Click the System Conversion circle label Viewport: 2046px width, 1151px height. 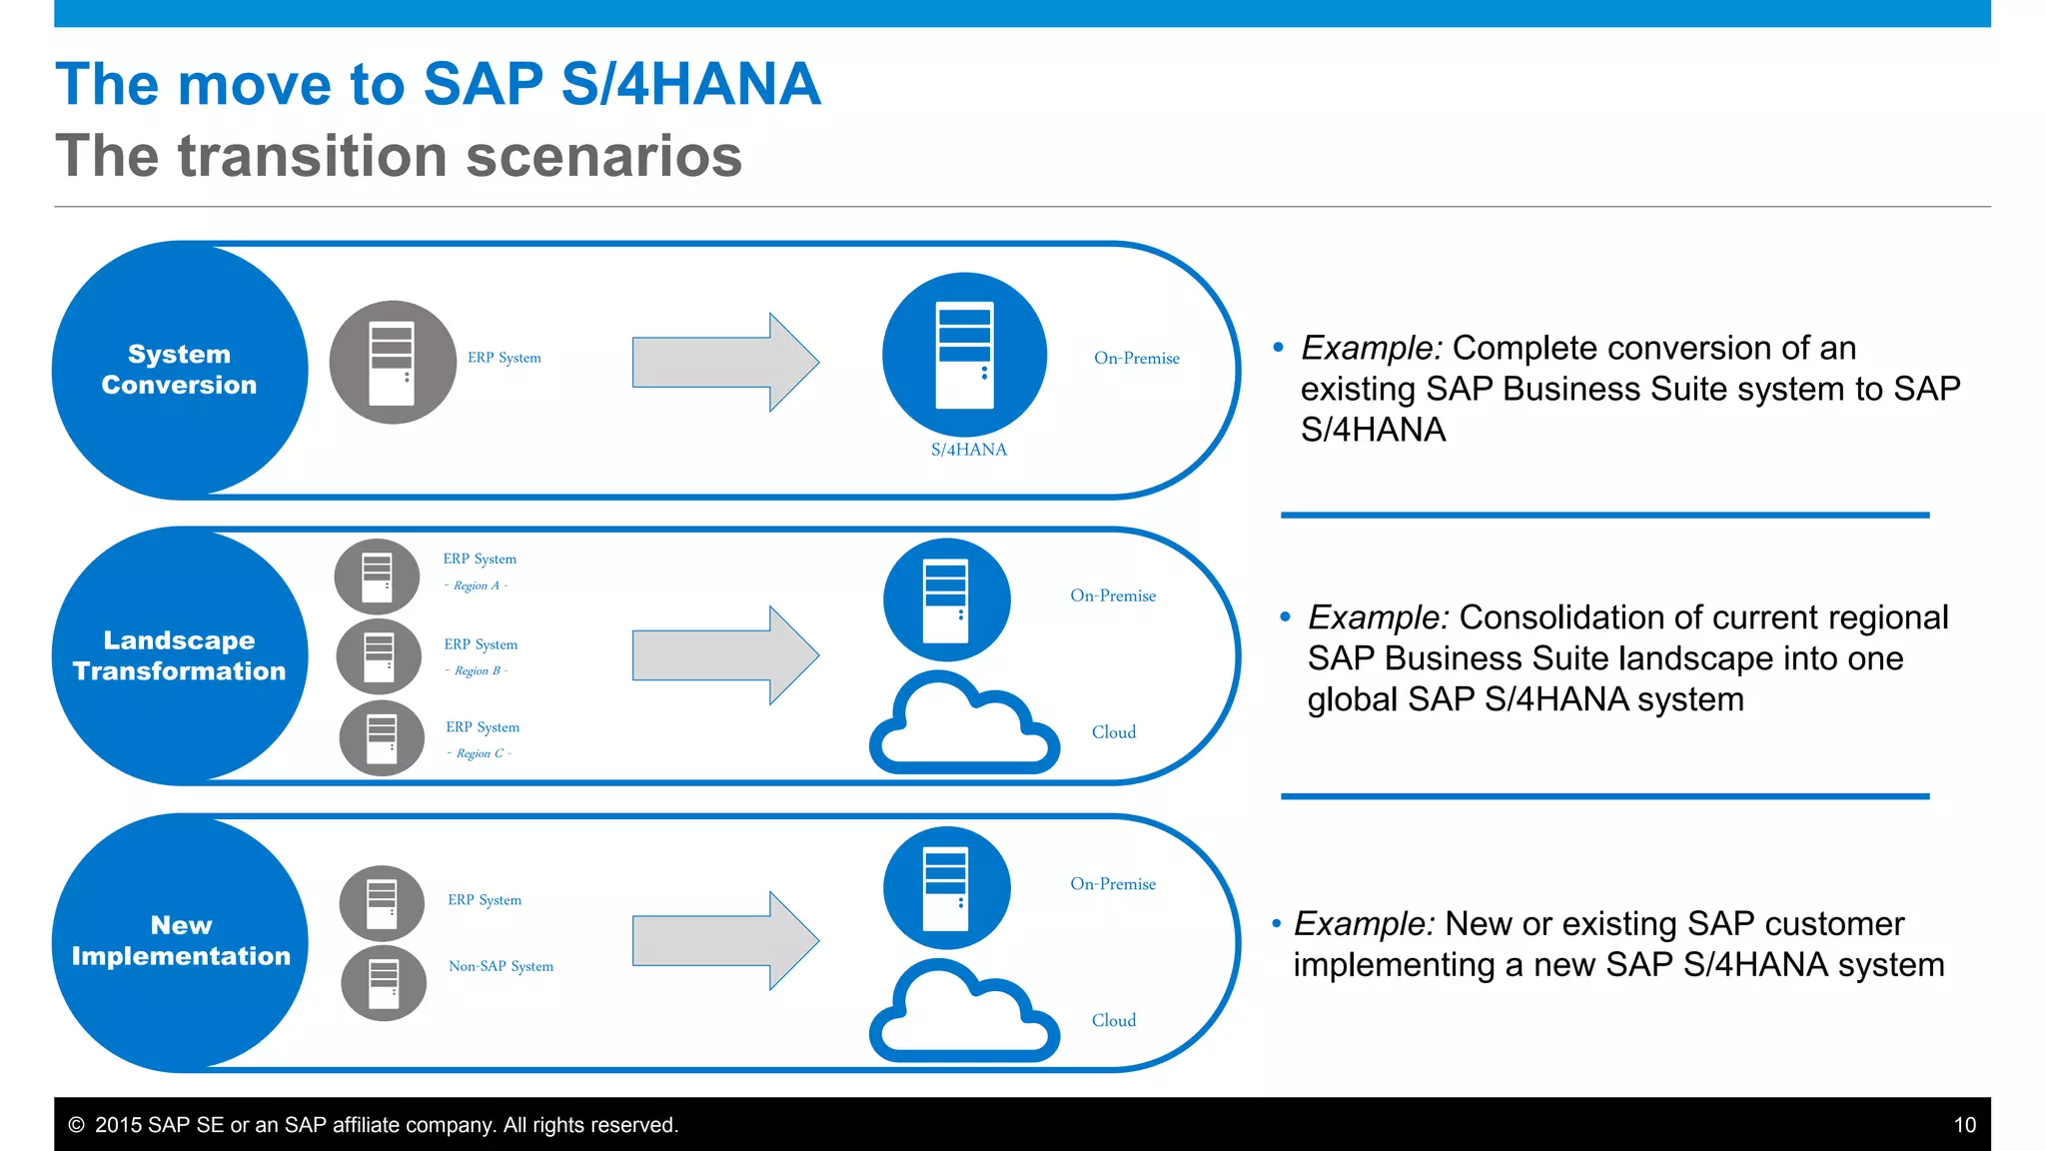click(x=180, y=370)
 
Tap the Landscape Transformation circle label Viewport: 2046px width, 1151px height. click(x=180, y=655)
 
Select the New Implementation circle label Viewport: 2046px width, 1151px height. click(x=181, y=941)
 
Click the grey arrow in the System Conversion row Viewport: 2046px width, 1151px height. click(x=725, y=362)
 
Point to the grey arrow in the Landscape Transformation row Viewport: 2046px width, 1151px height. click(x=725, y=655)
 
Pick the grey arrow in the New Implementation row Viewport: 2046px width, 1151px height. click(x=725, y=940)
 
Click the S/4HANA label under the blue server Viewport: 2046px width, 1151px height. click(x=968, y=450)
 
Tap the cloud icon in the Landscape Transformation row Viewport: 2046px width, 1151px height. click(x=964, y=723)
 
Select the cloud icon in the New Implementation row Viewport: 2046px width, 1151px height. click(x=964, y=1011)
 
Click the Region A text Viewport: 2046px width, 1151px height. click(x=477, y=585)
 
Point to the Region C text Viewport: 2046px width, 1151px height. click(x=479, y=753)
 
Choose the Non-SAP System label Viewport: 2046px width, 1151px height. click(x=501, y=966)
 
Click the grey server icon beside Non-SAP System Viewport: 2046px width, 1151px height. click(x=384, y=983)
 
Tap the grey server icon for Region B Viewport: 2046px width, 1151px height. click(x=379, y=656)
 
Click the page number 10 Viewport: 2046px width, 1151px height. click(x=1964, y=1125)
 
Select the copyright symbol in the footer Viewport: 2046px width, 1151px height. click(x=76, y=1125)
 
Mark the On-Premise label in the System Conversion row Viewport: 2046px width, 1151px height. click(x=1136, y=358)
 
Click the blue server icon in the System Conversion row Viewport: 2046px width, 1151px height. click(x=964, y=354)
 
